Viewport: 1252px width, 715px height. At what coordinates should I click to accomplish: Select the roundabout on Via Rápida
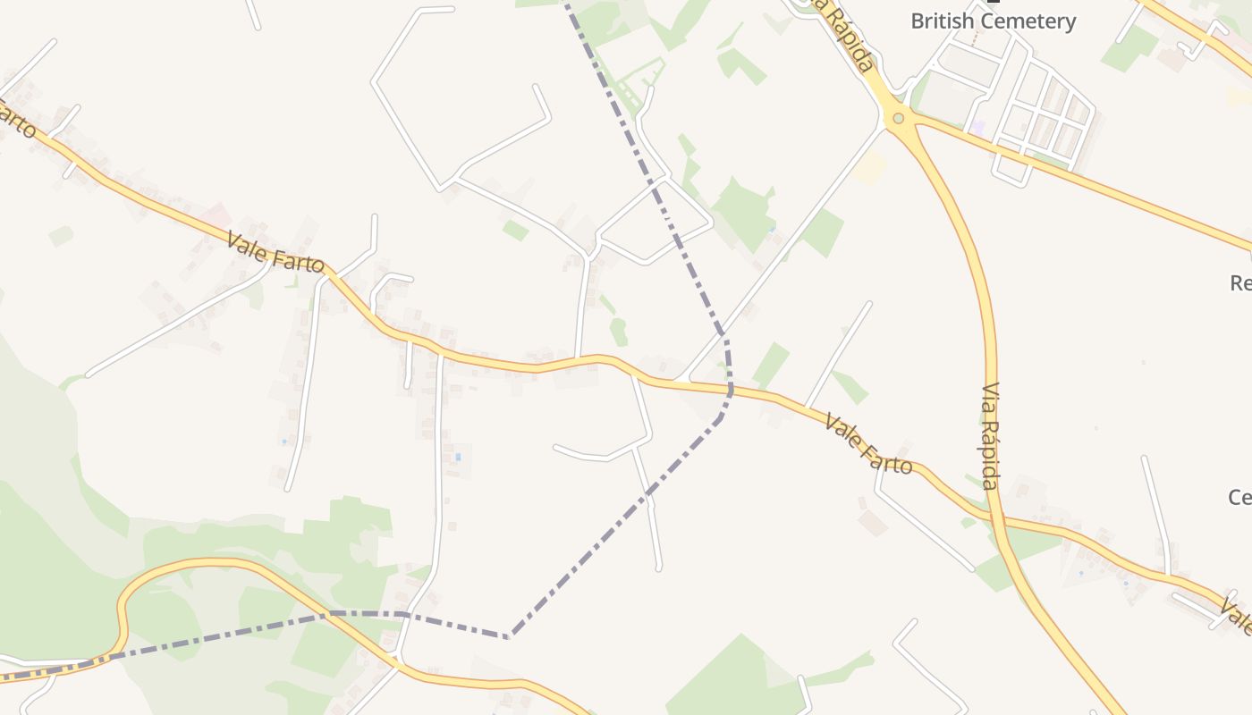coord(898,118)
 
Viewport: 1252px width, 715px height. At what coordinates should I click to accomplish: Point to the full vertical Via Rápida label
coord(990,436)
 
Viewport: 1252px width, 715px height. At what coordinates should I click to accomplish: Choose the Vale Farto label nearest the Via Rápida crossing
coord(868,443)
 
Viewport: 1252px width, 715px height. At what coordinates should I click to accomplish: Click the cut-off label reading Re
coord(1240,283)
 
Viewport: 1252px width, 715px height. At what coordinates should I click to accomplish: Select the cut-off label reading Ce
coord(1240,497)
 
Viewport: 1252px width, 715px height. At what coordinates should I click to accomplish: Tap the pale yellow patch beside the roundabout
coord(869,168)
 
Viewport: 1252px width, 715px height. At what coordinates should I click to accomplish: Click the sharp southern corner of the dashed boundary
coord(510,636)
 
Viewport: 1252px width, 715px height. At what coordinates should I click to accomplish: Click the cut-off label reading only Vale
coord(1237,618)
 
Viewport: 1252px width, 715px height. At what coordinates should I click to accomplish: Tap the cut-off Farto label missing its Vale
coord(18,121)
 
